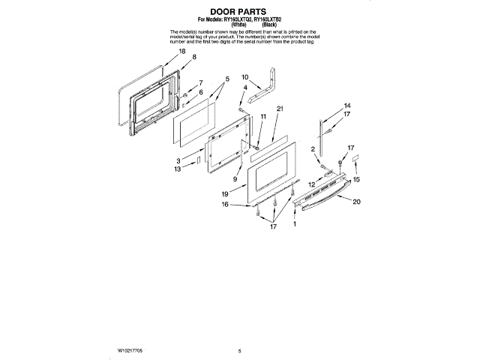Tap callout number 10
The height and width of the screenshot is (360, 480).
(244, 77)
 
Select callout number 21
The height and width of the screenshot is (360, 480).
(279, 109)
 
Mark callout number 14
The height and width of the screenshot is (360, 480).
(347, 105)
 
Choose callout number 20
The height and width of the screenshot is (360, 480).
(356, 202)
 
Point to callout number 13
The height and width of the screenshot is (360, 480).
(178, 169)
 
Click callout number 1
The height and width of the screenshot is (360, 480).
(295, 223)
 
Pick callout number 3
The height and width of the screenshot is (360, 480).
(179, 160)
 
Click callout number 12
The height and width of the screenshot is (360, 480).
(310, 184)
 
